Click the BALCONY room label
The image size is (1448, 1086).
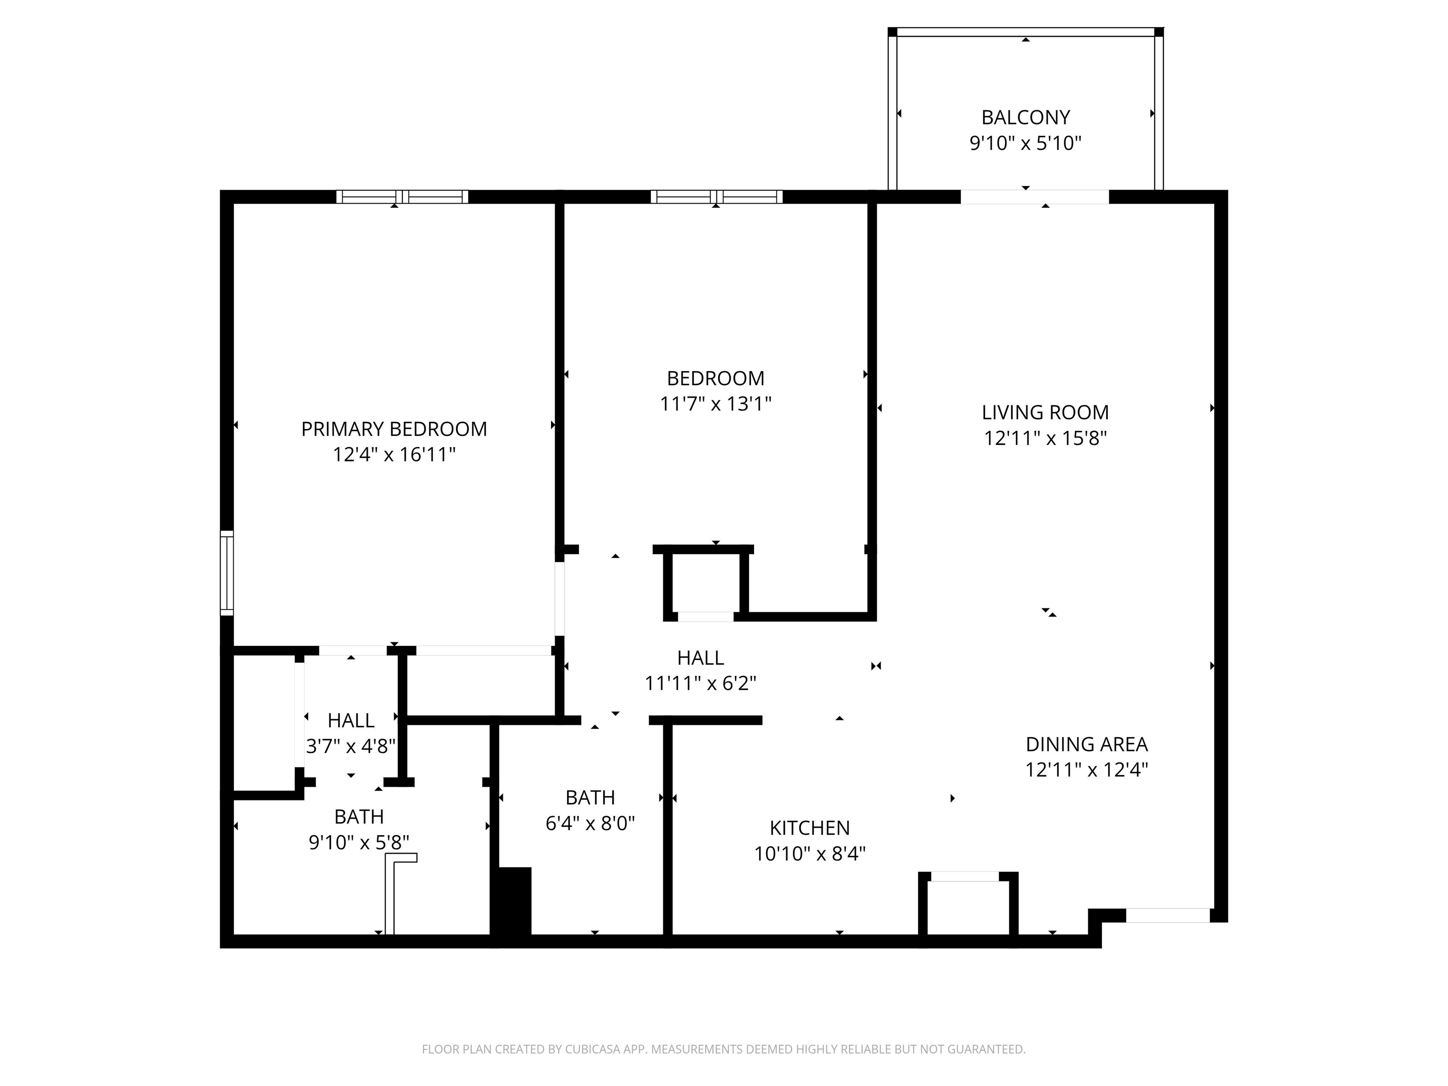pos(1025,117)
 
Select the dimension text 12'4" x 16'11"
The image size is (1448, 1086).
pos(394,454)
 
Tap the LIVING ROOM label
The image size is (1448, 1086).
pos(1045,412)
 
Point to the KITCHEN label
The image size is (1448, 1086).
pos(809,828)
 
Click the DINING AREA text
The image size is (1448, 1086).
pos(1086,744)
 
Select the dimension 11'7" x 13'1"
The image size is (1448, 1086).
pos(716,404)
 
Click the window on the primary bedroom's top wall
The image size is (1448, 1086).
pos(402,197)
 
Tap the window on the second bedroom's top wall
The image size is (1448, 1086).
pos(716,197)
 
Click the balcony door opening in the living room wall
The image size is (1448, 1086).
pos(1034,197)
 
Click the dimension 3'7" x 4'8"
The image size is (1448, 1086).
pos(351,746)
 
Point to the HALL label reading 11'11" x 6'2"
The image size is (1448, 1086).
pos(700,658)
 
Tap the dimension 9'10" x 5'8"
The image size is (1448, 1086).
pos(359,842)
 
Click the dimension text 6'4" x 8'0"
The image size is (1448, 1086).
pos(590,823)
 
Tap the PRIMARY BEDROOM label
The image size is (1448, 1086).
pos(394,429)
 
